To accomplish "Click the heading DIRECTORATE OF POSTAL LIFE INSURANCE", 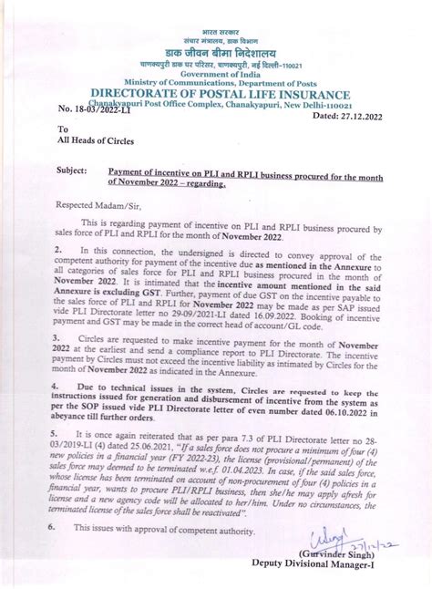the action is (x=216, y=95).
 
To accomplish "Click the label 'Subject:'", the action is (x=72, y=170).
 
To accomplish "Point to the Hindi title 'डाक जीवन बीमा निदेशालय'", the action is (x=216, y=53).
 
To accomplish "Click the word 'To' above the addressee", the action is (x=63, y=129).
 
